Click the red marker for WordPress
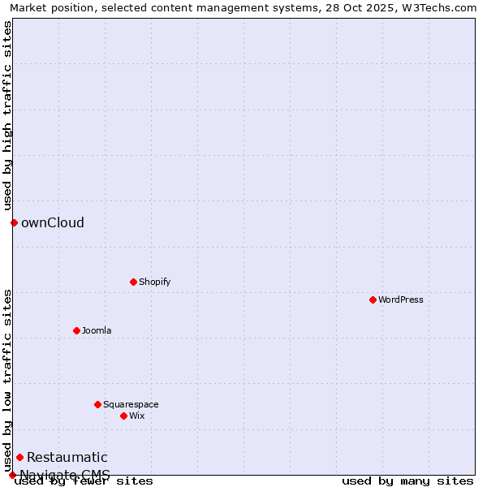click(x=373, y=300)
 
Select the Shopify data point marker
click(x=133, y=282)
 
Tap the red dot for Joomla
click(x=76, y=330)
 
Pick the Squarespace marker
click(x=97, y=404)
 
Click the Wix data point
click(x=123, y=416)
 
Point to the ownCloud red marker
click(x=14, y=222)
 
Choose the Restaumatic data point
click(x=19, y=457)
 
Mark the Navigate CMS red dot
click(x=12, y=475)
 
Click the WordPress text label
click(x=401, y=300)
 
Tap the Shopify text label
click(x=155, y=282)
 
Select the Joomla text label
click(x=97, y=330)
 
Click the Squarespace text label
click(x=131, y=404)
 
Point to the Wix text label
click(x=137, y=416)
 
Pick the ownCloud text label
click(x=53, y=222)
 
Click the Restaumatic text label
click(x=67, y=457)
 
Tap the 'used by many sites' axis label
click(x=407, y=481)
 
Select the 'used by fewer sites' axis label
click(x=84, y=481)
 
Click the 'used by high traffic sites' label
click(x=7, y=115)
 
